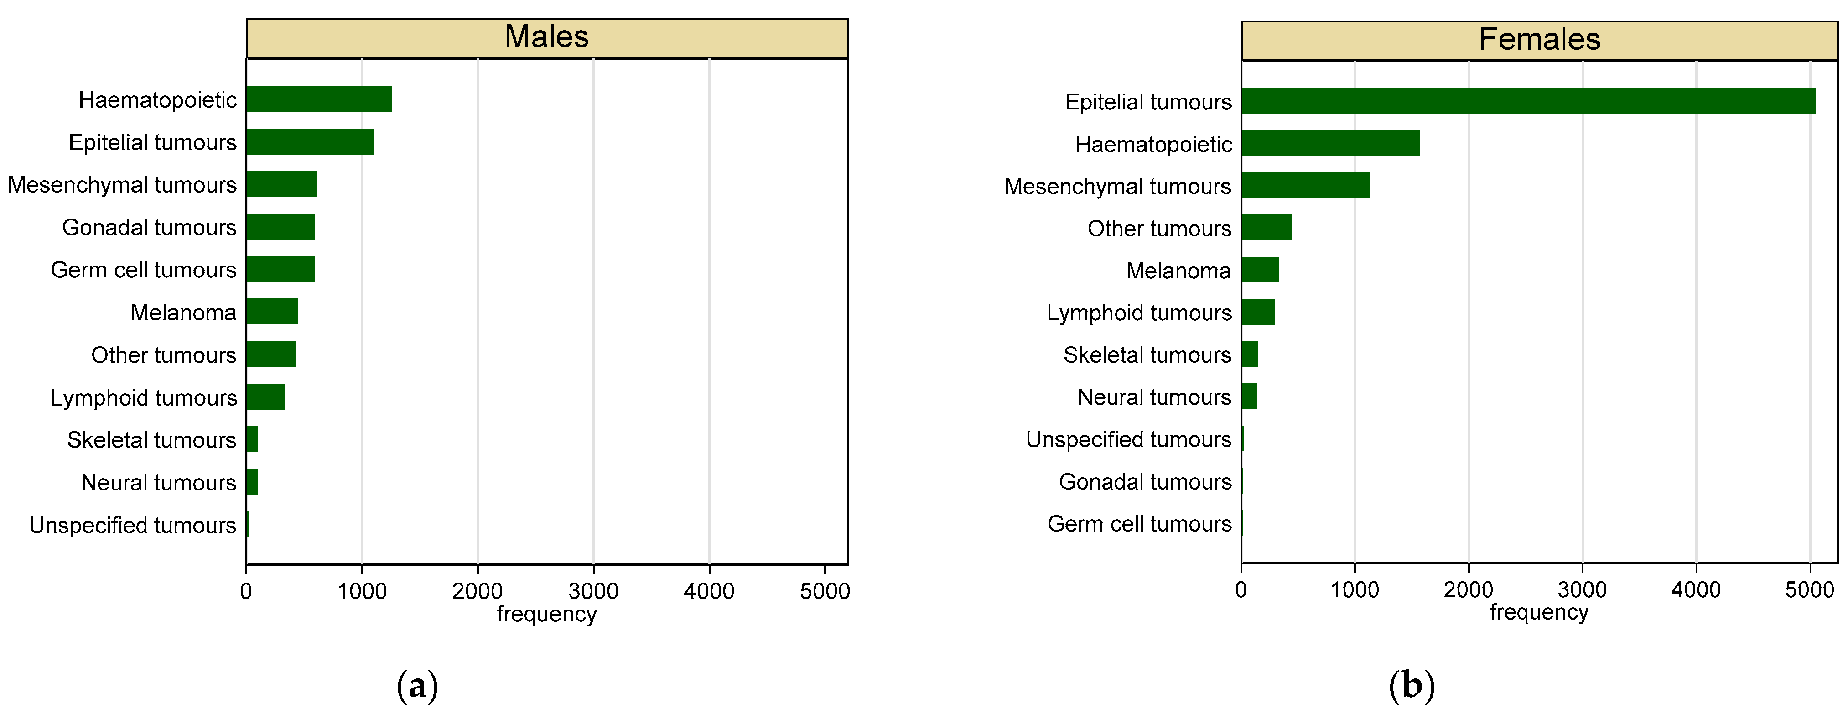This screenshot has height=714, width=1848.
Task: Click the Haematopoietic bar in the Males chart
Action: (x=319, y=99)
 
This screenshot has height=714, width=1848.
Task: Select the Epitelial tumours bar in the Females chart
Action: (x=1528, y=101)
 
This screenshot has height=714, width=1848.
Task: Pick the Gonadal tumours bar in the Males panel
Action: (x=280, y=227)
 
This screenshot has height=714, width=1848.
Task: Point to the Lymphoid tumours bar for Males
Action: (x=265, y=397)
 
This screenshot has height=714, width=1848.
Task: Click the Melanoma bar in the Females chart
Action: (x=1260, y=270)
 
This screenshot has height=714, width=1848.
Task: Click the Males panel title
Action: (x=547, y=36)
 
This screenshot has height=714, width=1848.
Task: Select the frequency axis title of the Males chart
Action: (x=547, y=614)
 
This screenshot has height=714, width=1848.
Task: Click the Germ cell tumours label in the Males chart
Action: (x=144, y=270)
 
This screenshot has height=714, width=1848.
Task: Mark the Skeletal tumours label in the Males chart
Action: (x=151, y=440)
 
